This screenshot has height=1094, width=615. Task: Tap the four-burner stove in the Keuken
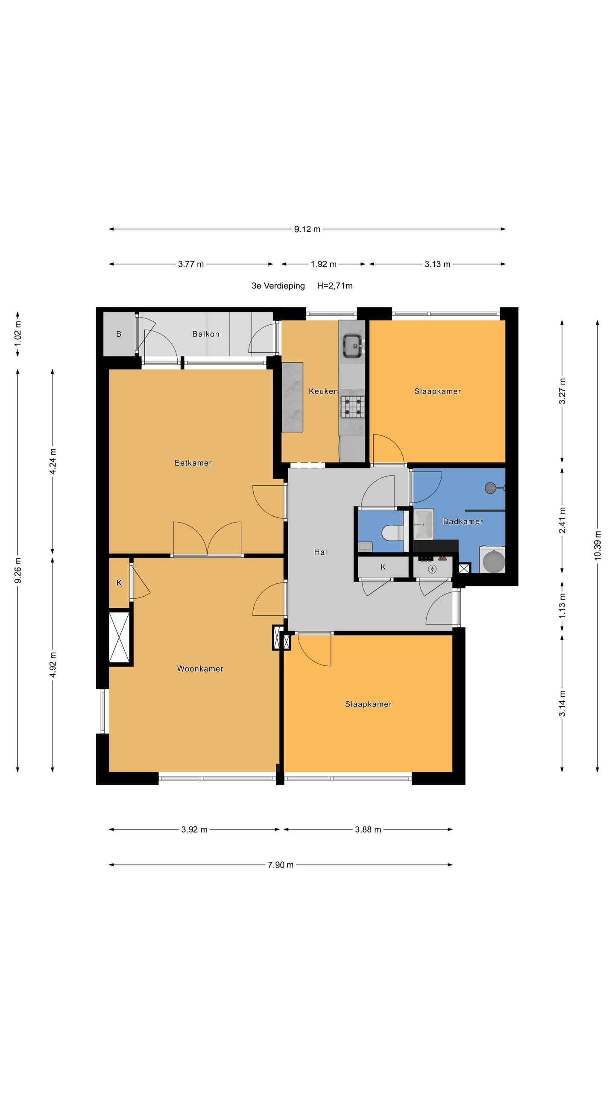352,406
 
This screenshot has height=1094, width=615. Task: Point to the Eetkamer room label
193,463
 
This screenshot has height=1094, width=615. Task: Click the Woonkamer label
200,669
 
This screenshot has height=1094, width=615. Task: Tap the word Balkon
206,334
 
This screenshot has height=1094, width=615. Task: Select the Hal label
320,552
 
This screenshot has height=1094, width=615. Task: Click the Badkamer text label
463,521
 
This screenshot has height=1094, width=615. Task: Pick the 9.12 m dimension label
307,229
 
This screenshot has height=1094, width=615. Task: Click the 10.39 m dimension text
597,544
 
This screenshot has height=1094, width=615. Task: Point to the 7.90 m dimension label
281,865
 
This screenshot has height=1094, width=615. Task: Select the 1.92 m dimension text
324,264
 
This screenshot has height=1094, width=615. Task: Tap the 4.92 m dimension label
53,665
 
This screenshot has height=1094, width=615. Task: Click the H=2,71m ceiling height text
335,286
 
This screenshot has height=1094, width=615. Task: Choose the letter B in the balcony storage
119,334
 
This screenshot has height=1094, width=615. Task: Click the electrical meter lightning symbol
433,569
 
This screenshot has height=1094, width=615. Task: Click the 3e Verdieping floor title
278,286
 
